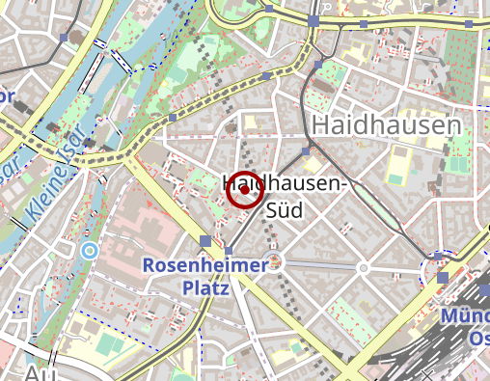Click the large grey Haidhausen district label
pyautogui.click(x=385, y=125)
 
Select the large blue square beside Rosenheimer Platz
pyautogui.click(x=204, y=241)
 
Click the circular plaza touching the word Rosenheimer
pyautogui.click(x=277, y=261)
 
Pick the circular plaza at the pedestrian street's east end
pyautogui.click(x=364, y=267)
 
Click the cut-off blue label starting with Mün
pyautogui.click(x=466, y=316)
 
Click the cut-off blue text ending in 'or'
pyautogui.click(x=8, y=96)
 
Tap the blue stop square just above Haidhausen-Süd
pyautogui.click(x=306, y=151)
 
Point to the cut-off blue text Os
pyautogui.click(x=478, y=339)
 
